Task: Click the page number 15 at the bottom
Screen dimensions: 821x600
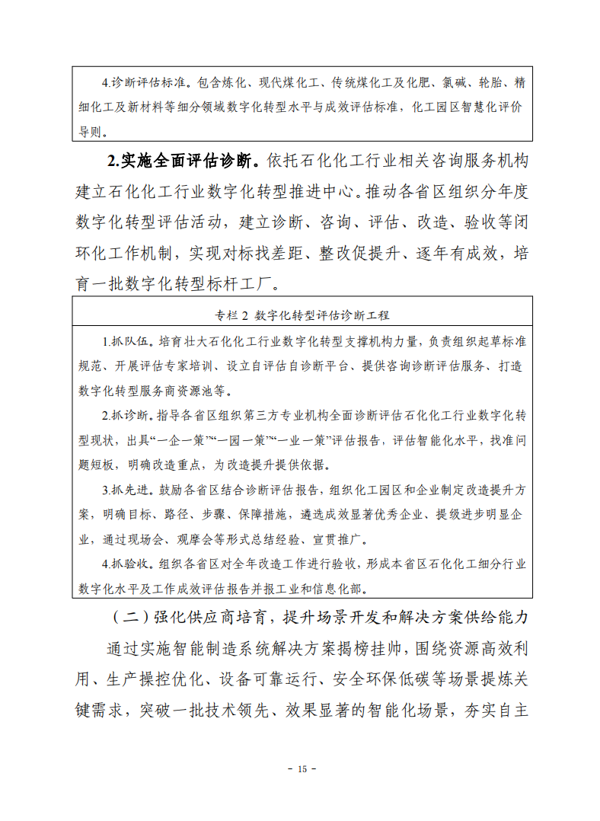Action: click(x=301, y=769)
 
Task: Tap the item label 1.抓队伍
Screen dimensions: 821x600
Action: click(x=129, y=340)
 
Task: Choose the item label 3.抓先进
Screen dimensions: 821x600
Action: click(x=129, y=490)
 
